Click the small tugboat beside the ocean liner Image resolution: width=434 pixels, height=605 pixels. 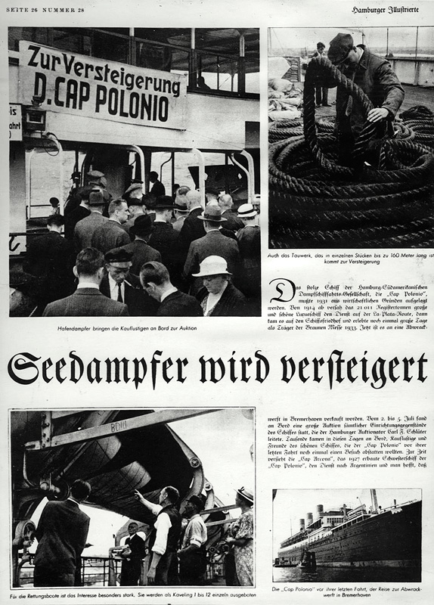click(306, 560)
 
